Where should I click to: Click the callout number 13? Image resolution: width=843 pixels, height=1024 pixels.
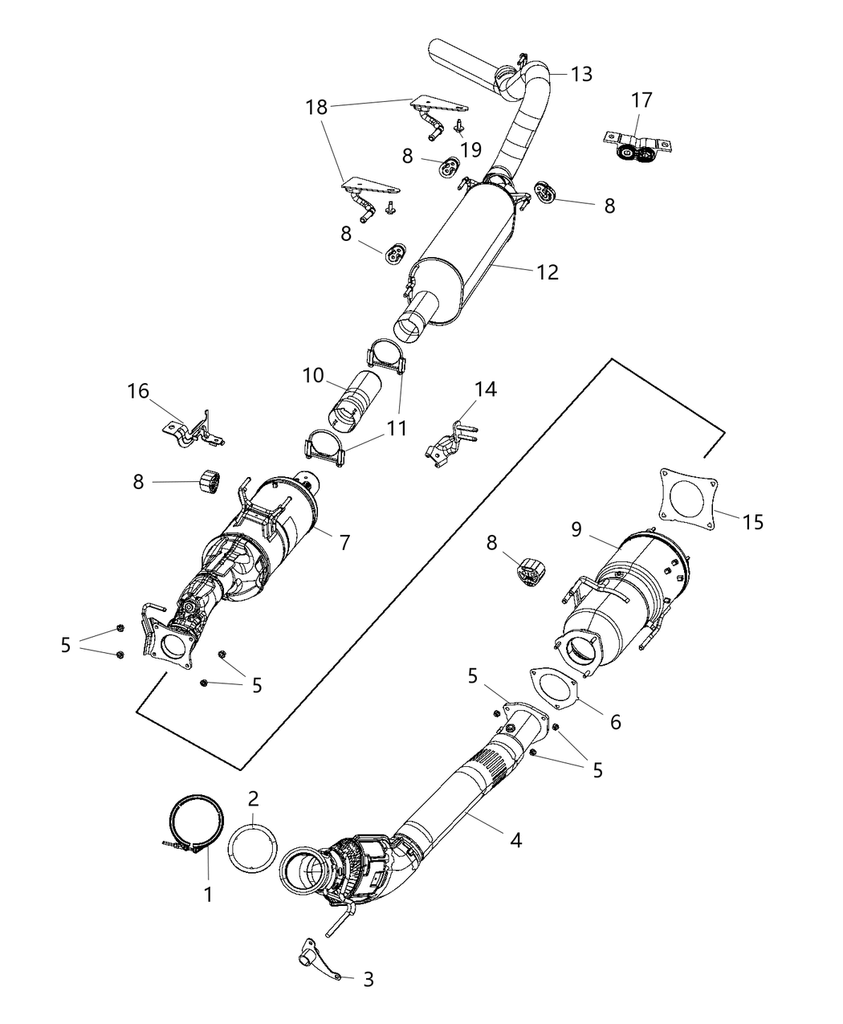pyautogui.click(x=581, y=75)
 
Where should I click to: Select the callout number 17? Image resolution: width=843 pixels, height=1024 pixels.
pyautogui.click(x=641, y=100)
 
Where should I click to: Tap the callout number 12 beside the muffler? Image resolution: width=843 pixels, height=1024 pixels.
pyautogui.click(x=548, y=272)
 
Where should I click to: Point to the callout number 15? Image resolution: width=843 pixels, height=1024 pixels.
pyautogui.click(x=752, y=522)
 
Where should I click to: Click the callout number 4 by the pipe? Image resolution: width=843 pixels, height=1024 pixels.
pyautogui.click(x=516, y=840)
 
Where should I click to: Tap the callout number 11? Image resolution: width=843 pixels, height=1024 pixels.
pyautogui.click(x=396, y=429)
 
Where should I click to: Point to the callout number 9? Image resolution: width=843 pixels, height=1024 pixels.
pyautogui.click(x=576, y=529)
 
